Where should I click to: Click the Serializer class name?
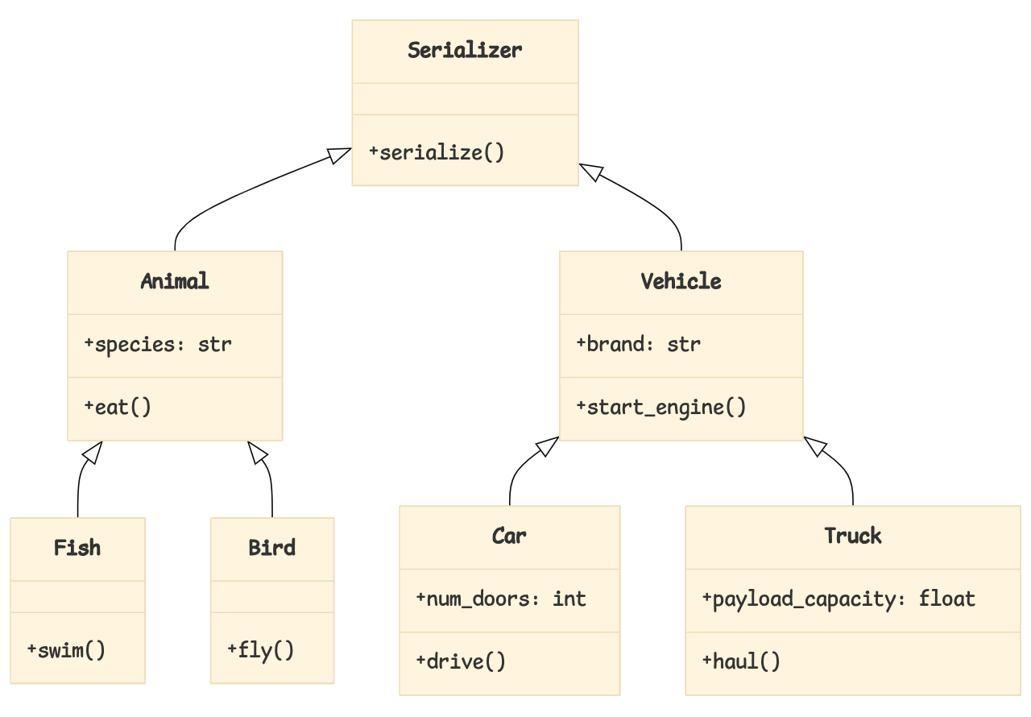point(465,50)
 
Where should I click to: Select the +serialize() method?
point(437,152)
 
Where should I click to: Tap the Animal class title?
point(175,281)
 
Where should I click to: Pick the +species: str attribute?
point(158,345)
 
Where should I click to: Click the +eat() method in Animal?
point(118,407)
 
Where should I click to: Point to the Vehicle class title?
point(681,281)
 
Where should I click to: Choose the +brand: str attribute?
point(639,345)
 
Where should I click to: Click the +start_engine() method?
point(661,407)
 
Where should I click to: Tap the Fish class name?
point(77,548)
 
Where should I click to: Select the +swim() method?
point(66,649)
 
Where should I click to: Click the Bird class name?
point(272,548)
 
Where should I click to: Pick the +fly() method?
point(261,649)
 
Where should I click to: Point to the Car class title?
point(509,536)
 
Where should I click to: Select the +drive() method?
point(461,661)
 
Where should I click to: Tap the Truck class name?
point(853,536)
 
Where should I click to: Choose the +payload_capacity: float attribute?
point(839,599)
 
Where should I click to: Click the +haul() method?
point(741,661)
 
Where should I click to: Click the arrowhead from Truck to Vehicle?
point(814,446)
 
